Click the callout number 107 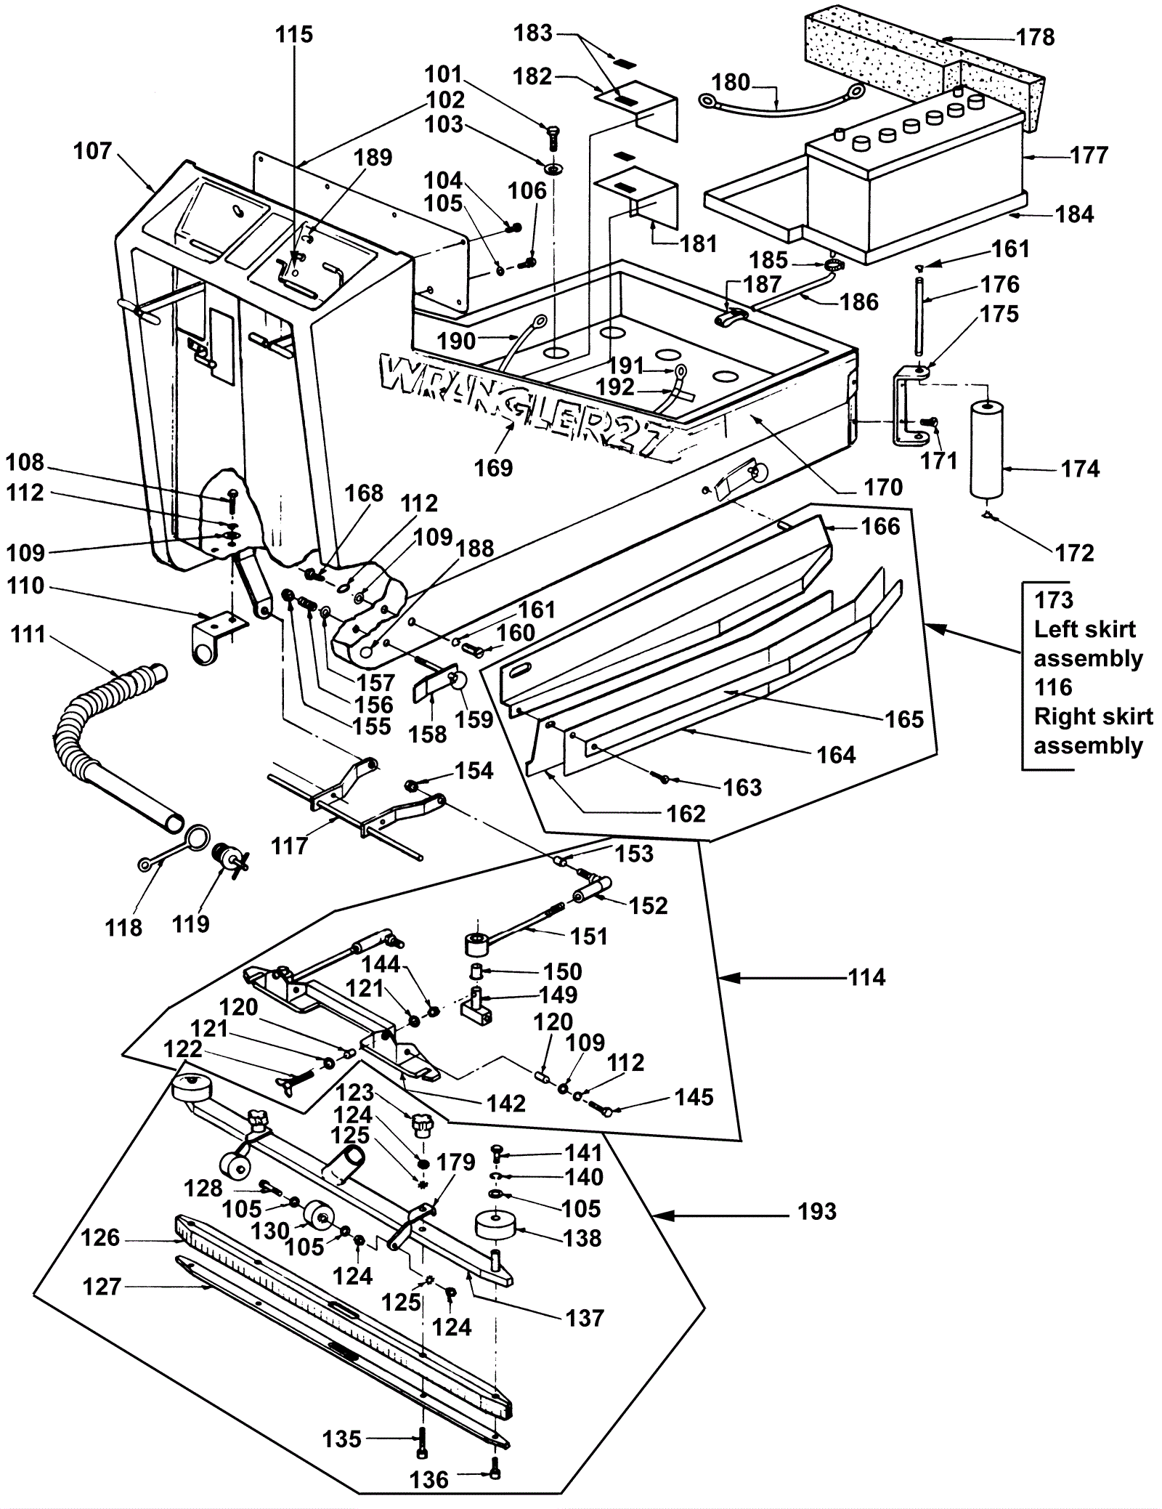pyautogui.click(x=92, y=152)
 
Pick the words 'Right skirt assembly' pyautogui.click(x=1093, y=731)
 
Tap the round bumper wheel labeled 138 pyautogui.click(x=495, y=1227)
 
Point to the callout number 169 pyautogui.click(x=493, y=467)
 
